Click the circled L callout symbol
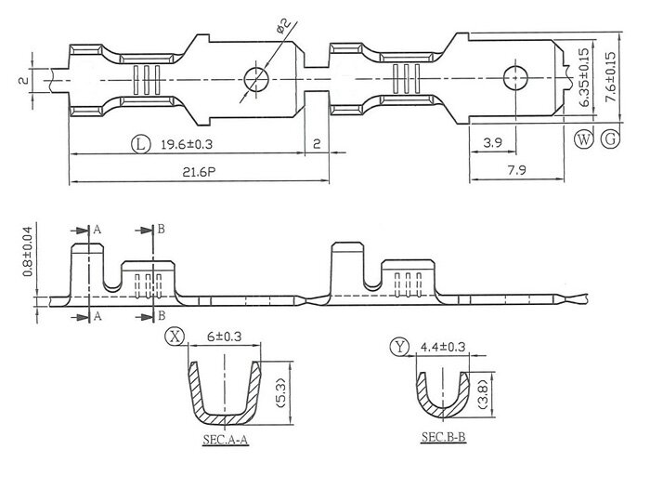(x=139, y=145)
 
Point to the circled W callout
(x=583, y=140)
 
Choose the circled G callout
(x=610, y=140)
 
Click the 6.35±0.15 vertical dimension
(x=584, y=80)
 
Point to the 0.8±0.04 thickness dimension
(x=28, y=250)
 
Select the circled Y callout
(x=400, y=348)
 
